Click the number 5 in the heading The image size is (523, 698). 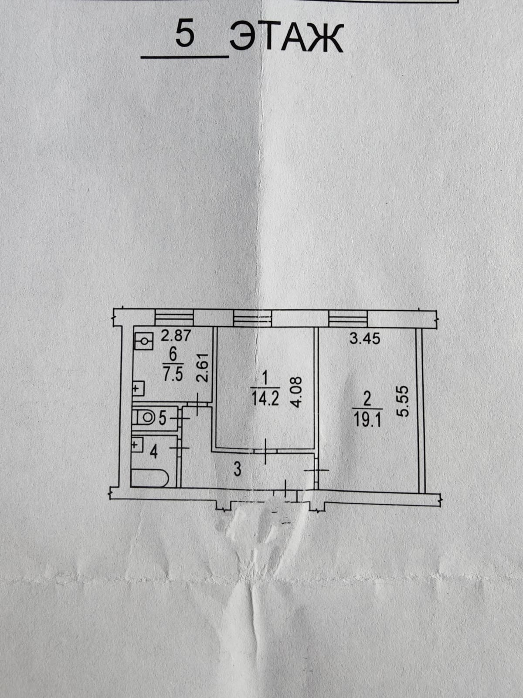[x=184, y=34]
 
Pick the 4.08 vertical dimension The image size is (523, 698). [x=295, y=392]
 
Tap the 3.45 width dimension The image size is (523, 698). [x=365, y=339]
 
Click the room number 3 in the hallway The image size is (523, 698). [x=238, y=469]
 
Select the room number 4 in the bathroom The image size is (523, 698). [x=153, y=452]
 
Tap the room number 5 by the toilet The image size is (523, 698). [x=162, y=418]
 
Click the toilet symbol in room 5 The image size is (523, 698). [x=145, y=418]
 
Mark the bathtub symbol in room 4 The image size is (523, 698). [x=149, y=478]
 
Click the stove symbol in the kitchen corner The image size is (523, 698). [x=144, y=341]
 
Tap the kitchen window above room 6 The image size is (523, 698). [x=174, y=318]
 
